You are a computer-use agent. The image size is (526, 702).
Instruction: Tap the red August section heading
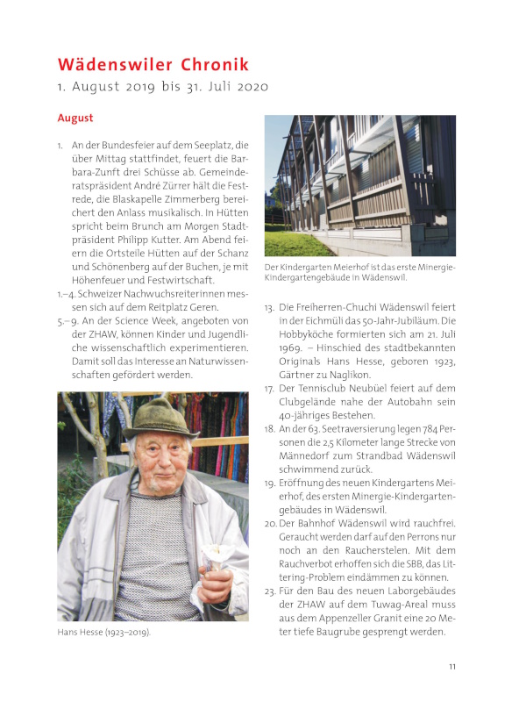75,117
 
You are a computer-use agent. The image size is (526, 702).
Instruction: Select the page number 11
452,667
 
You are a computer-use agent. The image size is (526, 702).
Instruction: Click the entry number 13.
269,308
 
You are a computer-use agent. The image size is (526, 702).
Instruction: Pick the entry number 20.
269,523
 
